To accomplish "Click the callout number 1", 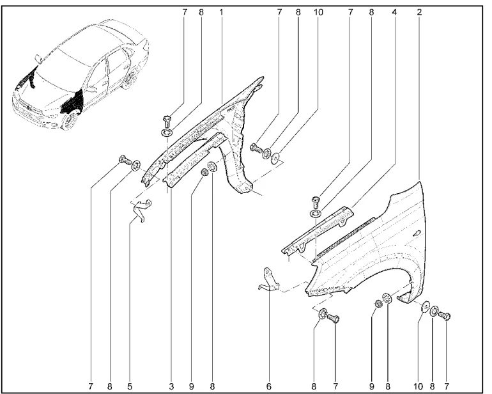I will point(221,12).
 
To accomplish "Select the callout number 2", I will point(419,12).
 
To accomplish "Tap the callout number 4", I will point(396,12).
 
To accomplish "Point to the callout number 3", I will point(171,386).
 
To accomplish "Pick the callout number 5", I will point(130,386).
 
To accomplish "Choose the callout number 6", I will point(268,386).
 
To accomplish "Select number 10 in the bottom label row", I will point(418,386).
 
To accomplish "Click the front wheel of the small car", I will point(69,120).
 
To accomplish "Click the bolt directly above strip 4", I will point(317,200).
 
